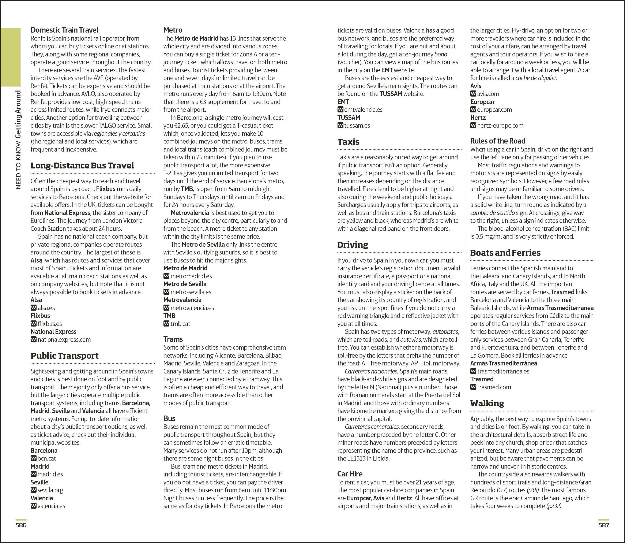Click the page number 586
point(21,525)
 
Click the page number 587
point(603,525)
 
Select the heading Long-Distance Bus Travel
point(82,165)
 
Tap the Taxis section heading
point(348,142)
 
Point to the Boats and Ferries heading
point(505,253)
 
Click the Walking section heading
point(487,403)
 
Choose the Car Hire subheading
point(350,474)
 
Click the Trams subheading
point(173,339)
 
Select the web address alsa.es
point(46,308)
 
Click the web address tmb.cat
point(180,324)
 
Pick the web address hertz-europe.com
point(500,126)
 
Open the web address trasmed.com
point(494,387)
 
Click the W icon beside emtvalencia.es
point(340,109)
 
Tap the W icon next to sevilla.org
point(33,490)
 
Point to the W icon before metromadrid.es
point(166,276)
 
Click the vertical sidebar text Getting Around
point(18,114)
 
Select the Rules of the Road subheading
point(497,141)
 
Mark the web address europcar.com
point(494,110)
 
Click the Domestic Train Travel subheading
point(64,30)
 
